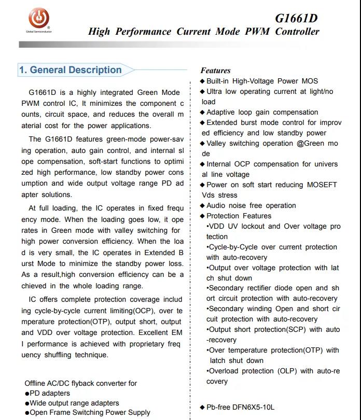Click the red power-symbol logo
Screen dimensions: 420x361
(x=39, y=19)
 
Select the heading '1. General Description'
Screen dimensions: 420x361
(x=70, y=70)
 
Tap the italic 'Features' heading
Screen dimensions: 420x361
(x=215, y=71)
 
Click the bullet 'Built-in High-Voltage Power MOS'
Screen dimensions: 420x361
(x=262, y=81)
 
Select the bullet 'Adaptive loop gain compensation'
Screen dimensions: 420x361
(x=262, y=112)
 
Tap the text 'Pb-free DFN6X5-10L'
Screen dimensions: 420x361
(x=240, y=407)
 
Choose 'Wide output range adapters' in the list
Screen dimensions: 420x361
(x=74, y=403)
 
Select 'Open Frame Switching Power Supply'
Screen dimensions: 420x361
(x=90, y=413)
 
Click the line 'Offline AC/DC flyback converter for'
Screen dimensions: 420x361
(x=81, y=383)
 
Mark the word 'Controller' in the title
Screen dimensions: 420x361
(x=297, y=32)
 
